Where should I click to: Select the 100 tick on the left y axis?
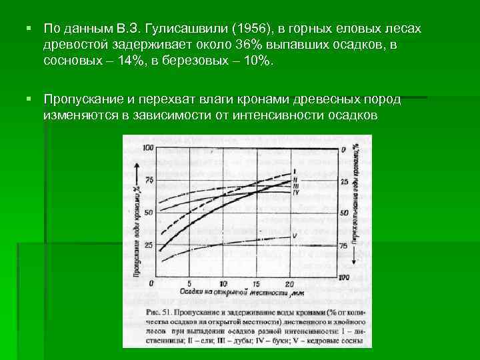147,147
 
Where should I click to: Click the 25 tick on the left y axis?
148,245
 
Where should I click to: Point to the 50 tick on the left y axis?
148,213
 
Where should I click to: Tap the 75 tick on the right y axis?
345,245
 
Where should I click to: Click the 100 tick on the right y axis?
345,277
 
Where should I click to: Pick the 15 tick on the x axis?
258,283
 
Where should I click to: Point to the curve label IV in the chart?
296,193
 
